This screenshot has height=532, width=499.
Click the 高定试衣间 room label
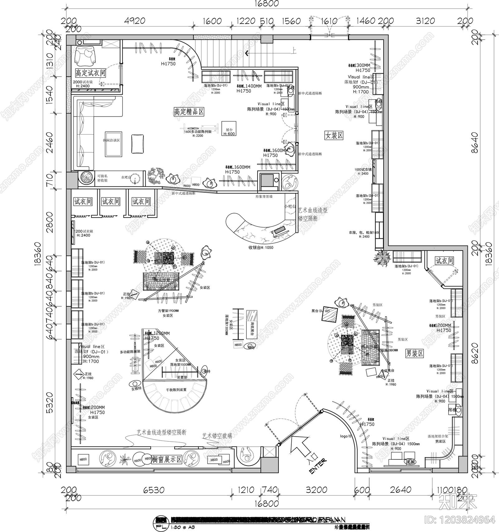coord(90,73)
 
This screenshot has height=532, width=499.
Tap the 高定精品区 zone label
coord(189,112)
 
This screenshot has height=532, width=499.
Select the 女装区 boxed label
coord(334,135)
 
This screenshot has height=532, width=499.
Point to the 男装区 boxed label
coord(414,353)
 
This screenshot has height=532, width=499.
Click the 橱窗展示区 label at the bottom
coord(167,459)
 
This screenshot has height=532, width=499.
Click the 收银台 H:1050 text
coord(261,247)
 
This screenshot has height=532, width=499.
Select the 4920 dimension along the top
coord(134,21)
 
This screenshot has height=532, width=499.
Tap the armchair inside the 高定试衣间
coord(85,56)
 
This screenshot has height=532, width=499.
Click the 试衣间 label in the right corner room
coord(444,261)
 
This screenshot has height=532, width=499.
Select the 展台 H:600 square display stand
coord(229,128)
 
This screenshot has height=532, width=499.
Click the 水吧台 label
coord(127,177)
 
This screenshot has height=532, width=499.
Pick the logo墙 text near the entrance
coord(346,436)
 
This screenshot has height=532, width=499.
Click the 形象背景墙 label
coord(264,196)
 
